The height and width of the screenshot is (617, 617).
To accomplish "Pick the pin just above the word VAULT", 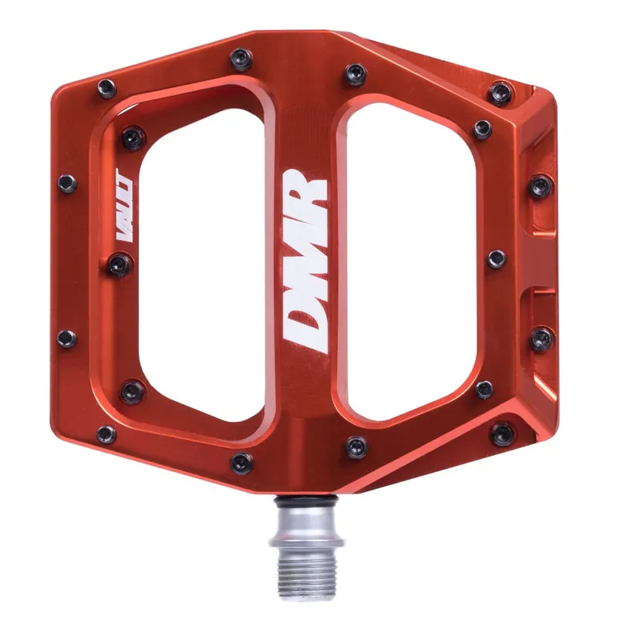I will click(68, 183).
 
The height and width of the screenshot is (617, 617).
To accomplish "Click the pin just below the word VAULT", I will click(120, 265).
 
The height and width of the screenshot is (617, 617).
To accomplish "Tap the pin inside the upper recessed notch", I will click(541, 185).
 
